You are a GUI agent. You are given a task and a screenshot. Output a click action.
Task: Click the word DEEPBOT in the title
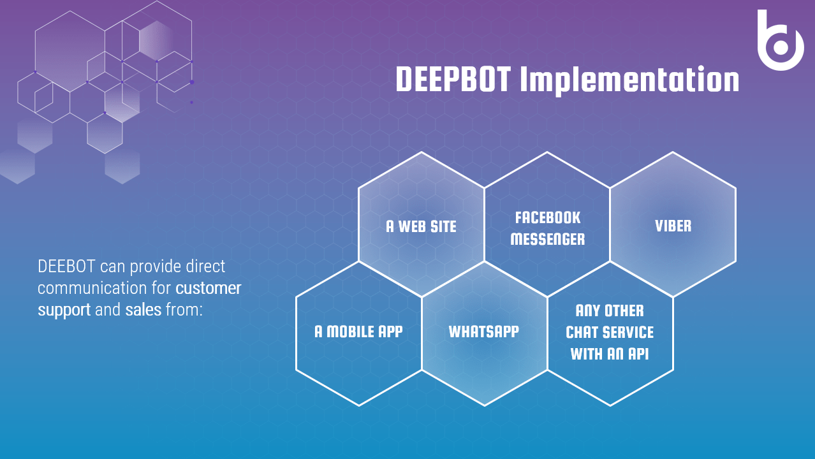[453, 79]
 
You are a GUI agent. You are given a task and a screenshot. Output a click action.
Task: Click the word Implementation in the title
[630, 81]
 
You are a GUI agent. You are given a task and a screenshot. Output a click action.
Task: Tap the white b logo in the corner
[781, 40]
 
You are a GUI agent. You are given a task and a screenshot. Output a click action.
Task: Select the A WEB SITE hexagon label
[421, 226]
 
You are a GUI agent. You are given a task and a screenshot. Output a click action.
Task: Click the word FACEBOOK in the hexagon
[548, 218]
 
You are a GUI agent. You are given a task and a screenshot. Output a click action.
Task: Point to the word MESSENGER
[548, 239]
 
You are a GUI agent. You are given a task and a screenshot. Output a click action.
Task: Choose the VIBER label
[673, 226]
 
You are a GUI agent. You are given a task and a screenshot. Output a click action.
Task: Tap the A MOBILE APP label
[358, 331]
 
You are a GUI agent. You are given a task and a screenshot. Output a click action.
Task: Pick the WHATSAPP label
[484, 331]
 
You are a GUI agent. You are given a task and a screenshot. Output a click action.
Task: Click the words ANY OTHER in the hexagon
[610, 310]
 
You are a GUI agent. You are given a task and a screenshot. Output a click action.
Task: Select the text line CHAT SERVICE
[610, 332]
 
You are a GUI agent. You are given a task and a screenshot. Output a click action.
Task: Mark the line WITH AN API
[610, 354]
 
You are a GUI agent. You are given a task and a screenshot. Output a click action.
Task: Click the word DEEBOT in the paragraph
[66, 266]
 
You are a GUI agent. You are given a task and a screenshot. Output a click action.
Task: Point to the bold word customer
[209, 288]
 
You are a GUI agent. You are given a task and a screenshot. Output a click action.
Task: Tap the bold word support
[64, 310]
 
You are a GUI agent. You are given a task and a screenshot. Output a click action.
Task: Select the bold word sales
[143, 310]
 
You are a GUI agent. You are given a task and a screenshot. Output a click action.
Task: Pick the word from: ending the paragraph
[184, 310]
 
